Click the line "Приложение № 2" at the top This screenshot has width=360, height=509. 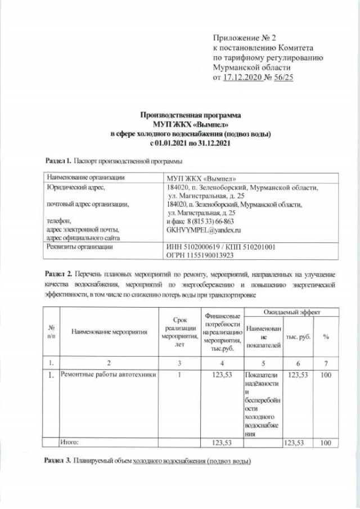(x=245, y=38)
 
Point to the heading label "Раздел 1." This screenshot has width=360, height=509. (x=58, y=160)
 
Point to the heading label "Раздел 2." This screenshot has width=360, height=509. (x=58, y=273)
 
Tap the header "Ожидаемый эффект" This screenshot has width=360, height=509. (x=290, y=311)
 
